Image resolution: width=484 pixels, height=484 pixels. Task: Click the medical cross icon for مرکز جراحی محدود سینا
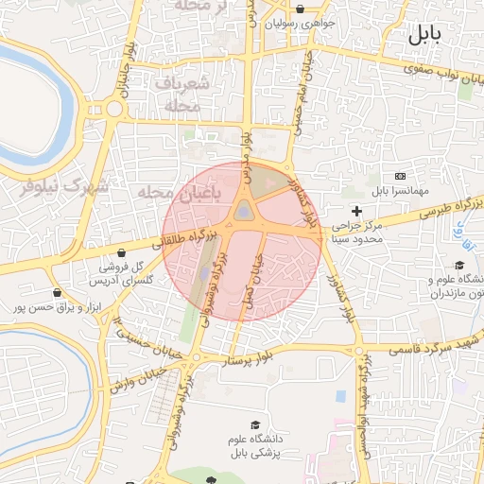tap(356, 210)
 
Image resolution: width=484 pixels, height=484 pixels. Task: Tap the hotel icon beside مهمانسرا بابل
tap(400, 176)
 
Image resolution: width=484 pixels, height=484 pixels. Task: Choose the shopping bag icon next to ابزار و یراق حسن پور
tap(59, 292)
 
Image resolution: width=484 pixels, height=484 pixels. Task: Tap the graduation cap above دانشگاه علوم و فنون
tap(459, 265)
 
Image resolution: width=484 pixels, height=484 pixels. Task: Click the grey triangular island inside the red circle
tap(244, 211)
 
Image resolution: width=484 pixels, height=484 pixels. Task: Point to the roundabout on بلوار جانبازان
tap(114, 110)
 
